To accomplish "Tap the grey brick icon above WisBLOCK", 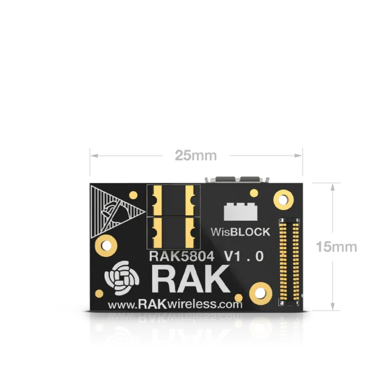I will click(x=240, y=211).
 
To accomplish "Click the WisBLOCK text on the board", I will click(x=240, y=231).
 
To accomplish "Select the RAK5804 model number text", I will click(x=182, y=256).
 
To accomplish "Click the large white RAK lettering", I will click(x=191, y=280).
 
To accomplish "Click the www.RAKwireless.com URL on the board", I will click(x=175, y=304).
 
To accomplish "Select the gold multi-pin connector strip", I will click(x=289, y=261).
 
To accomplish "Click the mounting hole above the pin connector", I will click(x=284, y=200).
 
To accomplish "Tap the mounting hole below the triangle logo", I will click(x=106, y=244).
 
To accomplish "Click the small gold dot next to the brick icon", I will click(x=254, y=193).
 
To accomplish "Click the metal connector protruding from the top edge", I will click(x=237, y=178).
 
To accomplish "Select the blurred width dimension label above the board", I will click(x=195, y=155).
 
